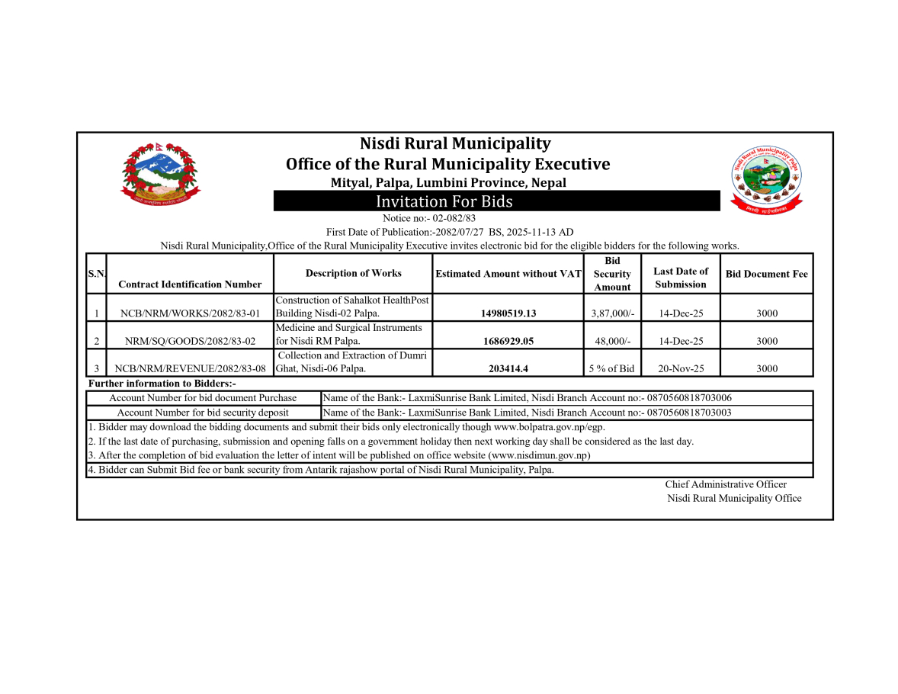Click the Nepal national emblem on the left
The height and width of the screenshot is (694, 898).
[x=160, y=174]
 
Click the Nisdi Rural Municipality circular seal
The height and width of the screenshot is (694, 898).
[x=768, y=178]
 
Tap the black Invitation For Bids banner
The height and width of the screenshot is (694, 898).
[x=497, y=201]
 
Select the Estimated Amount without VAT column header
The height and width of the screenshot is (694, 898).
[x=508, y=273]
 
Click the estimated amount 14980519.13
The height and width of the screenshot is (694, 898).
[x=508, y=313]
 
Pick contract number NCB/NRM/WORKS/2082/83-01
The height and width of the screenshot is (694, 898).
[x=190, y=313]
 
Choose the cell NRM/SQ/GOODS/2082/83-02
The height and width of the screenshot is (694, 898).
[x=190, y=341]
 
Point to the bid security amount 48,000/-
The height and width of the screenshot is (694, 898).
[x=612, y=341]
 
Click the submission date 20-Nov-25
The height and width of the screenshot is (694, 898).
[x=681, y=368]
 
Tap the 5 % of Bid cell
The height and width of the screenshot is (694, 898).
[x=612, y=368]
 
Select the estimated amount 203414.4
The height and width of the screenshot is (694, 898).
[x=508, y=368]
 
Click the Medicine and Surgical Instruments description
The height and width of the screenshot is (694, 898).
[x=352, y=334]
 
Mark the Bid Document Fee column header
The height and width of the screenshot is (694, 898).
[x=766, y=274]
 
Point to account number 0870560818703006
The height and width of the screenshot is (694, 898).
[x=689, y=398]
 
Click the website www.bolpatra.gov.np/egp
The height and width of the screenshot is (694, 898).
[x=549, y=427]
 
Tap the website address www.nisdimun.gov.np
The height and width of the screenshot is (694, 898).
[x=539, y=455]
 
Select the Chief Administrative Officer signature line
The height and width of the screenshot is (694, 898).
[x=725, y=484]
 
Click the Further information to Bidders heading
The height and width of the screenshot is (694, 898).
[x=162, y=384]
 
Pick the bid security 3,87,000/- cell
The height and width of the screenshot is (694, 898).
[x=612, y=313]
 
